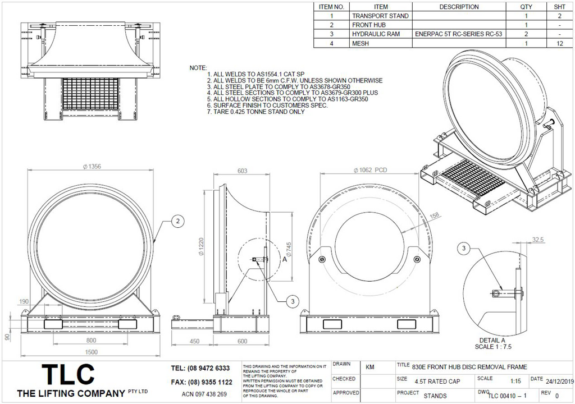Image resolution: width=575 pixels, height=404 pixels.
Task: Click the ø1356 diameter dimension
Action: click(91, 166)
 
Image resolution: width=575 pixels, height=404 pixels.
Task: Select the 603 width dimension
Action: click(243, 171)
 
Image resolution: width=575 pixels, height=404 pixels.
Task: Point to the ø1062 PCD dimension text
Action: click(370, 170)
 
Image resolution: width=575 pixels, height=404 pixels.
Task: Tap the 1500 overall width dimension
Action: click(91, 352)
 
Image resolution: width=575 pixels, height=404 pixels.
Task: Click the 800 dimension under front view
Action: click(91, 340)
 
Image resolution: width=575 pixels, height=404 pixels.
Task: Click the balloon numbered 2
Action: click(177, 222)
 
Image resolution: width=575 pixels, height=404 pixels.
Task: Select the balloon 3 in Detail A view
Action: click(464, 248)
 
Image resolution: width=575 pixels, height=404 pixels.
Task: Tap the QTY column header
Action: click(526, 7)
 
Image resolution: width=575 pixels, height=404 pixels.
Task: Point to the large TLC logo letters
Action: click(70, 375)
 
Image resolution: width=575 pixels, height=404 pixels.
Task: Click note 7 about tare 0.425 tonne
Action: click(256, 112)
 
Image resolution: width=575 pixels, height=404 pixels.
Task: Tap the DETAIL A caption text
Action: click(492, 340)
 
